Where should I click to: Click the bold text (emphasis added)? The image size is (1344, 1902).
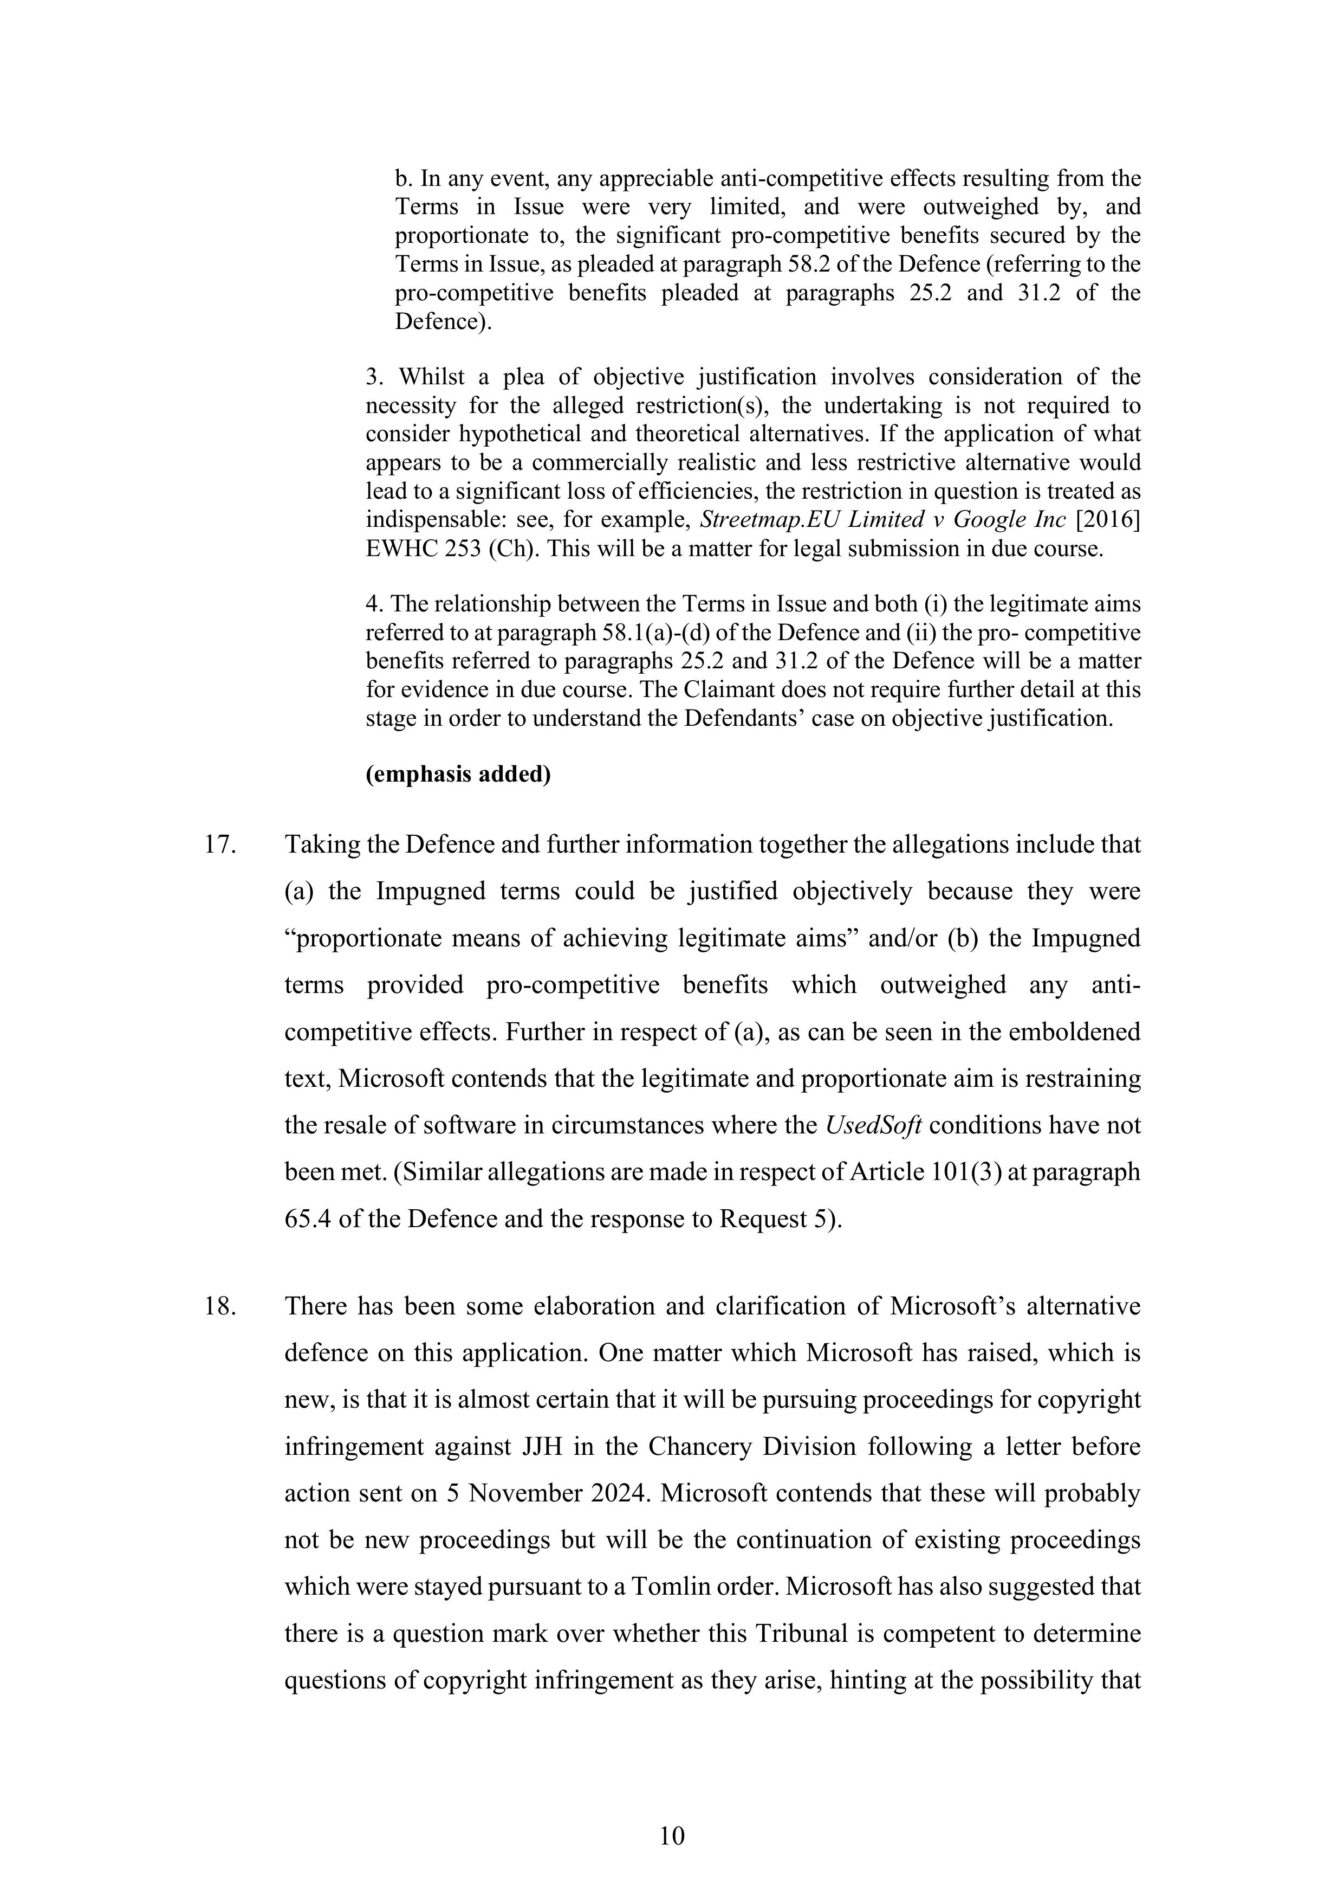[x=458, y=775]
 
